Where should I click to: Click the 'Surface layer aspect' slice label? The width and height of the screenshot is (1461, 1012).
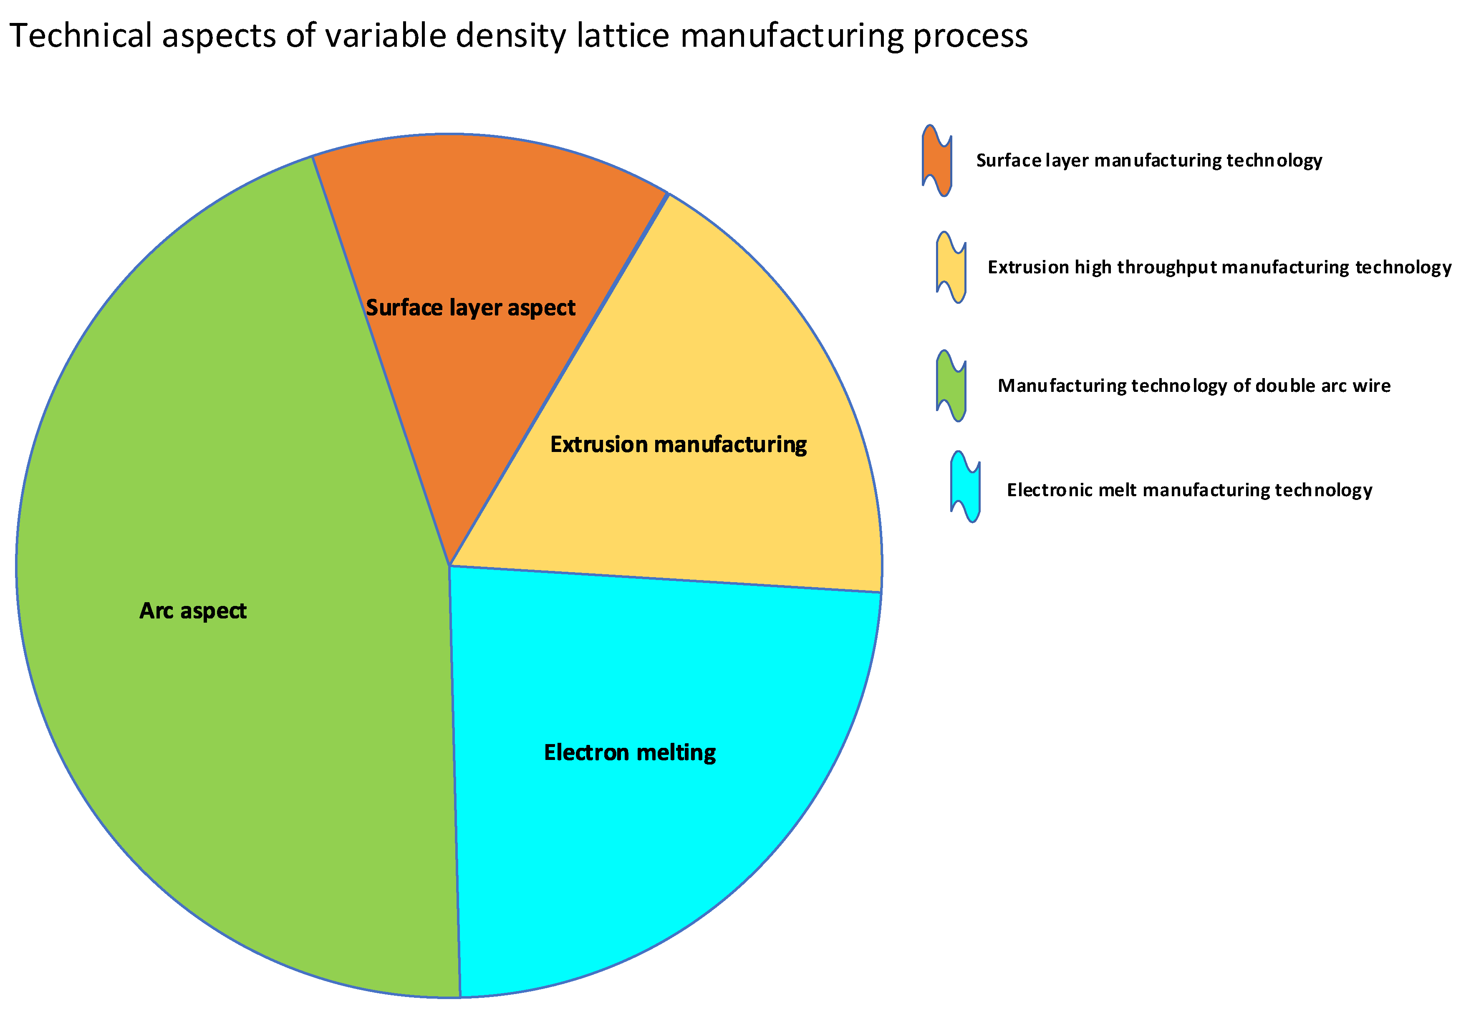(x=470, y=308)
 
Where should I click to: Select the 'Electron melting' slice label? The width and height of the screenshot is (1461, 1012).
(x=630, y=753)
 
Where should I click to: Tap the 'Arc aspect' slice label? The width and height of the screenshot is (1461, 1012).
(x=193, y=611)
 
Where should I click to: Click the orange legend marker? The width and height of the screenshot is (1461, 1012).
(x=936, y=160)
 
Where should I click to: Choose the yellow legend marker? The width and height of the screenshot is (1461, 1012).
(x=951, y=267)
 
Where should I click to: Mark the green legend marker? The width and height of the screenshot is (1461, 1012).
(x=951, y=386)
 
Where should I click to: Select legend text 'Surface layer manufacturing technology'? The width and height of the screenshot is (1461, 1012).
(x=1148, y=160)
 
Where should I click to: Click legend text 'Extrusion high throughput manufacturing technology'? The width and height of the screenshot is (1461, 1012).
(x=1219, y=267)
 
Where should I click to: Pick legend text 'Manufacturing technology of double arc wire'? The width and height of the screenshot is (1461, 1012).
(x=1194, y=386)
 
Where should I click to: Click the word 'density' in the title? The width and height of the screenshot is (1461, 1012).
(x=510, y=37)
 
